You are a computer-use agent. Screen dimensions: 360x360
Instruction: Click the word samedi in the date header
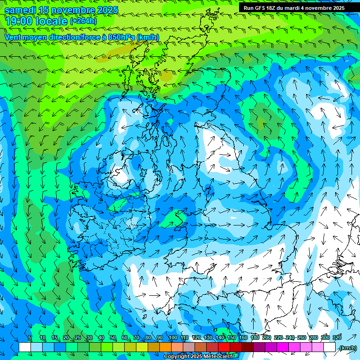click(x=20, y=10)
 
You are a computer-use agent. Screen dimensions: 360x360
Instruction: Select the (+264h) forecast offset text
click(x=83, y=21)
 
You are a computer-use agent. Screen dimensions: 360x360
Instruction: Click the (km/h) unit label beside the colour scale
click(x=347, y=348)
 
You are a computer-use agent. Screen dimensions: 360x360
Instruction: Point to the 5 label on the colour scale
click(x=30, y=338)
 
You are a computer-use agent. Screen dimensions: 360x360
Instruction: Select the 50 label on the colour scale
click(x=113, y=338)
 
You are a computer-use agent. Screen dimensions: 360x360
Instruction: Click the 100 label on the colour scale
click(x=172, y=338)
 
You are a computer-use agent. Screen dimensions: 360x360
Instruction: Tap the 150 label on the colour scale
click(x=232, y=338)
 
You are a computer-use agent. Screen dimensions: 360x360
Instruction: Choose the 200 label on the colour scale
click(x=267, y=338)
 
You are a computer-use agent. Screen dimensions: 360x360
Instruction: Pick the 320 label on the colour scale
click(x=337, y=338)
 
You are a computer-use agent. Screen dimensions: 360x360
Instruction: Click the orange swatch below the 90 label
click(x=165, y=347)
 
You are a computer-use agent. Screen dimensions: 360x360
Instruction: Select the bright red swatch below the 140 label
click(x=224, y=347)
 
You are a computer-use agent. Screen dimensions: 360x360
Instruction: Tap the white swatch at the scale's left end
click(x=25, y=347)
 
